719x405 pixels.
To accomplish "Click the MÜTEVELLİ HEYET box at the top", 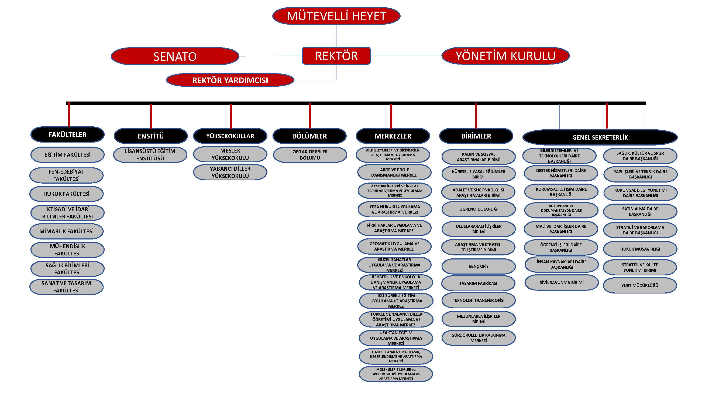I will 336,16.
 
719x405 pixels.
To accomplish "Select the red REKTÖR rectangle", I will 336,56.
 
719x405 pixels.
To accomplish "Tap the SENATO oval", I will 175,56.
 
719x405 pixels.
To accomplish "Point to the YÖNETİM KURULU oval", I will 505,56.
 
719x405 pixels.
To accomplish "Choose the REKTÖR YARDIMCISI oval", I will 230,80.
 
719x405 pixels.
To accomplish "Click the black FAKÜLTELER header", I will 68,135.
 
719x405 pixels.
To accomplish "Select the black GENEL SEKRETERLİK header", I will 600,137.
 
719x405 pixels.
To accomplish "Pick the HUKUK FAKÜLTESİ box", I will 66,194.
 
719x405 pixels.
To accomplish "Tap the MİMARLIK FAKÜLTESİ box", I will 66,231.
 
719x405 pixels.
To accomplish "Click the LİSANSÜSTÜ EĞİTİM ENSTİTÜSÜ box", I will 150,154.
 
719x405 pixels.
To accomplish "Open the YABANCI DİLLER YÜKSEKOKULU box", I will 230,172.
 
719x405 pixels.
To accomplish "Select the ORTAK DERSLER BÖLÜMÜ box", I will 310,154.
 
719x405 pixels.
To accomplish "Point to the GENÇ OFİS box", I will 479,266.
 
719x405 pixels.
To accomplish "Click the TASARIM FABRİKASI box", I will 478,283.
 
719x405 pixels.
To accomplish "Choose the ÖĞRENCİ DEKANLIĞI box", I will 479,209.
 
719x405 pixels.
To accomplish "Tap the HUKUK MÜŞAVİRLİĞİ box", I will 640,249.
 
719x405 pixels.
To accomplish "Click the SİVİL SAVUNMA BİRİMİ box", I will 561,282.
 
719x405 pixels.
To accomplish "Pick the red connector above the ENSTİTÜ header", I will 151,116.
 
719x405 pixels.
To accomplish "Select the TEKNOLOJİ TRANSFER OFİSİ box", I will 479,300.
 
